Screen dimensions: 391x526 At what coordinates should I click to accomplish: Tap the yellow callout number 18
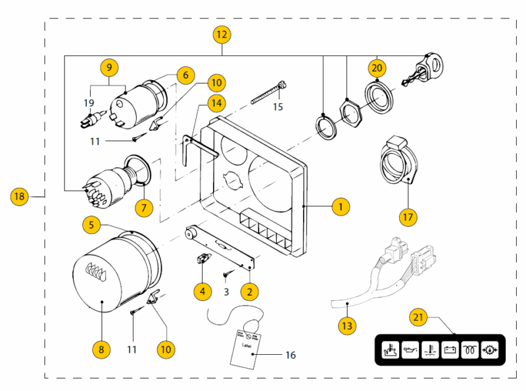[20, 195]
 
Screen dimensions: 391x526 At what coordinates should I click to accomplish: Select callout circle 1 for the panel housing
[340, 206]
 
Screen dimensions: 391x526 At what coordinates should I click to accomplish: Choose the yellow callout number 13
[347, 325]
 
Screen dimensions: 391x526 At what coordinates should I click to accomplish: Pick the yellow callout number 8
[101, 350]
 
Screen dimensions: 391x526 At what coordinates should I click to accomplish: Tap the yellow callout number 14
[216, 103]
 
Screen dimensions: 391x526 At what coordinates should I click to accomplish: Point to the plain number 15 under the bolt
[278, 106]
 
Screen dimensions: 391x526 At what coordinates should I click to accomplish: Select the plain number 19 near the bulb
[89, 103]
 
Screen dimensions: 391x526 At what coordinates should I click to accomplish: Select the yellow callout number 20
[377, 68]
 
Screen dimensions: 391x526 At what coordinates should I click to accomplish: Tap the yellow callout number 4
[203, 290]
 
